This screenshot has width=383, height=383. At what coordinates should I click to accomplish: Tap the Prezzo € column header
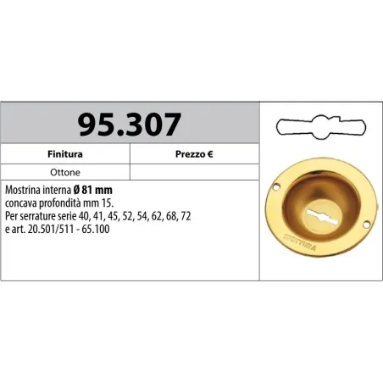(194, 156)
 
